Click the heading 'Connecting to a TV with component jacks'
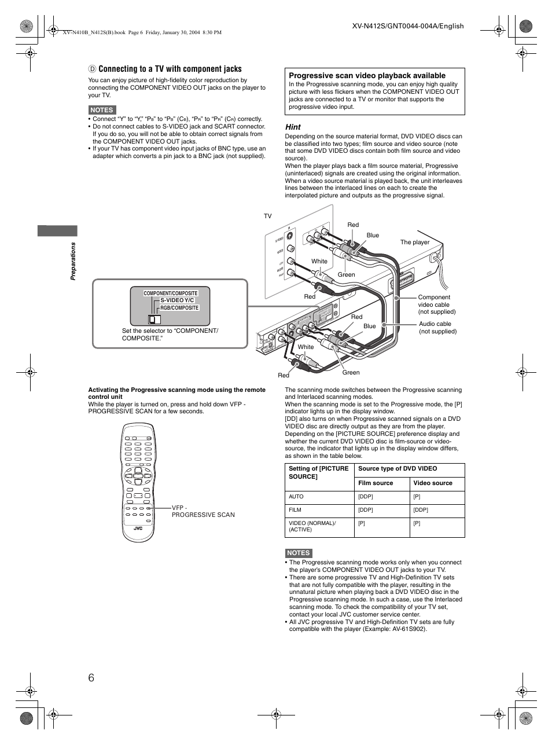(x=170, y=69)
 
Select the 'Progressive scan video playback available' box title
(x=367, y=75)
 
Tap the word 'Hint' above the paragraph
(x=293, y=127)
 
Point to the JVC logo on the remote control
(x=138, y=528)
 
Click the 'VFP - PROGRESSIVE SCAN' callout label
(x=203, y=511)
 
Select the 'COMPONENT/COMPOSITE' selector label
(x=171, y=293)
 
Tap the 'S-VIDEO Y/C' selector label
(x=177, y=300)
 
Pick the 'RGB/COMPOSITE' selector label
(x=179, y=308)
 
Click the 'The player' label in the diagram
(x=415, y=242)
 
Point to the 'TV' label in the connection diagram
(x=267, y=216)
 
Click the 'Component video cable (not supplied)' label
(x=436, y=304)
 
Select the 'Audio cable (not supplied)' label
(x=437, y=328)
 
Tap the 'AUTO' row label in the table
(x=296, y=497)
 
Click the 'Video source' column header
(x=433, y=483)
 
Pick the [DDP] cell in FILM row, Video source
(x=421, y=510)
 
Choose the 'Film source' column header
(x=376, y=483)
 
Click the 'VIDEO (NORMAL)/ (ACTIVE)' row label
(x=312, y=526)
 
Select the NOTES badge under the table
(x=299, y=553)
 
